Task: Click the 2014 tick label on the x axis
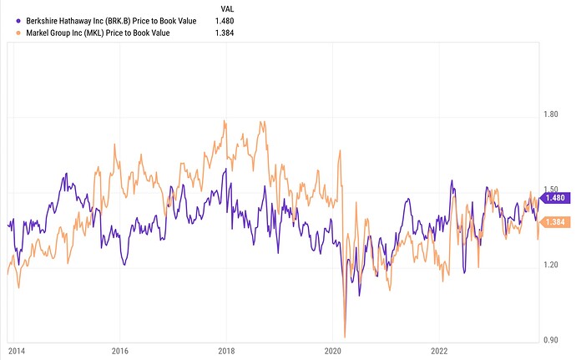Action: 14,349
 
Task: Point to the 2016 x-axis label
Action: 120,349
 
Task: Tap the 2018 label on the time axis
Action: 226,349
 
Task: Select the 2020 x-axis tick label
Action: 333,349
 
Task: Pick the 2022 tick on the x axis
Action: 440,349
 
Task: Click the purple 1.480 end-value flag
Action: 556,198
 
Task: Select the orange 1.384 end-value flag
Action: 556,221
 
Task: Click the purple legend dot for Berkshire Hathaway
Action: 18,20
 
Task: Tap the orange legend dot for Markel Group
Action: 18,33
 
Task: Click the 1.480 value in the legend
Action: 225,20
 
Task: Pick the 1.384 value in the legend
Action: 225,33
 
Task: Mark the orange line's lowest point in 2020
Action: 345,336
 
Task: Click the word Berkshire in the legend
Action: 45,20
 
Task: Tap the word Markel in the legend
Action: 38,33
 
